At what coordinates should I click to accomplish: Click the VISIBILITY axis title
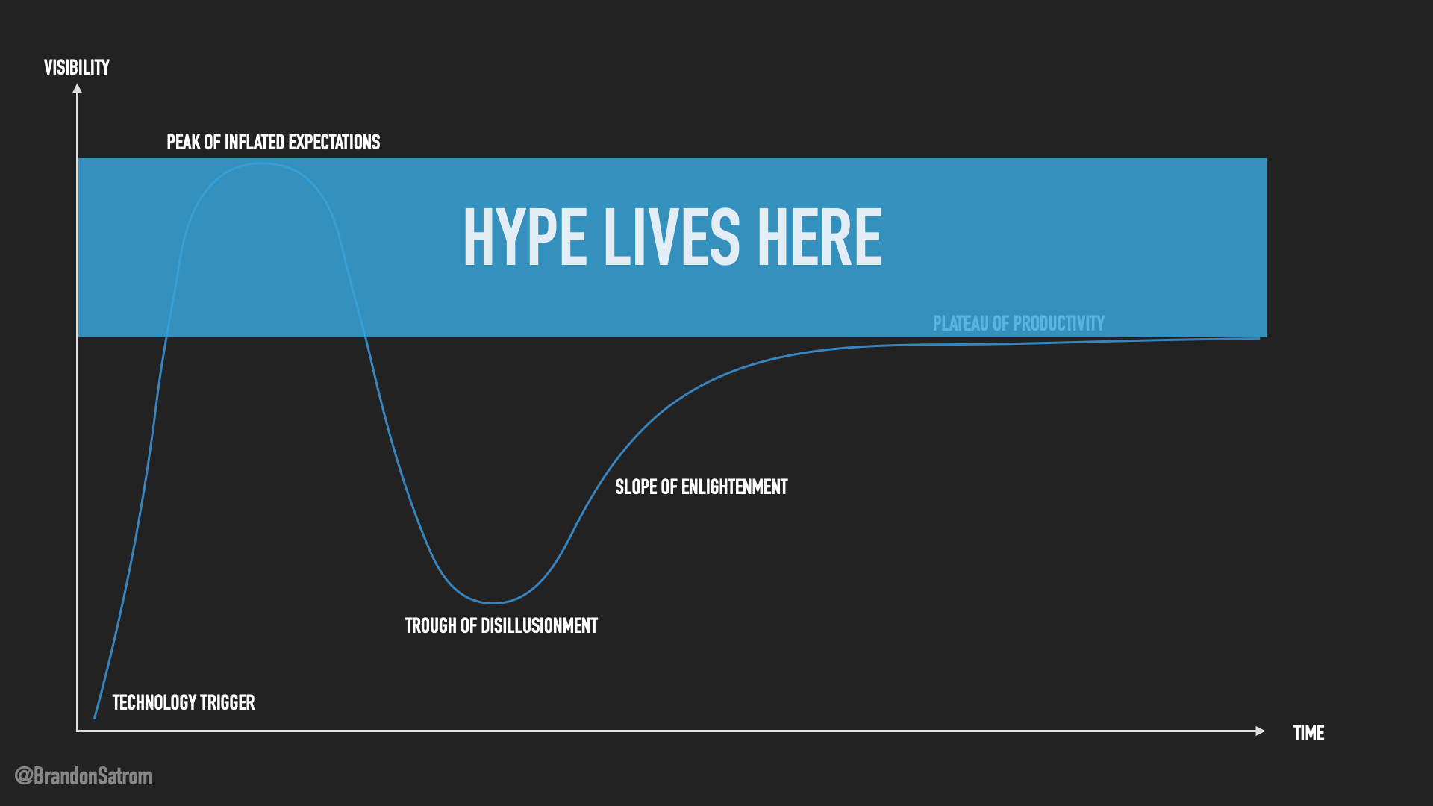(x=77, y=68)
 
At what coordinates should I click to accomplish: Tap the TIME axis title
(x=1309, y=733)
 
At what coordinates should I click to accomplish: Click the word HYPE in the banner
(x=525, y=237)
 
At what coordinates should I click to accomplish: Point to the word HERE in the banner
(x=819, y=237)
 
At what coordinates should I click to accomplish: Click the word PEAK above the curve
(x=184, y=142)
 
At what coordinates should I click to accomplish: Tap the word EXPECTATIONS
(x=334, y=142)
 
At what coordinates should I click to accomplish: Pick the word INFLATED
(x=255, y=142)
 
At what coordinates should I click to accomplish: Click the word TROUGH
(x=431, y=625)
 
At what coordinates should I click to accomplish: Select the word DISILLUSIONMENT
(x=539, y=625)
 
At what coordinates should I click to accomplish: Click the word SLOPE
(x=636, y=487)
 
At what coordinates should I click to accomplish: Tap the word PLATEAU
(x=961, y=323)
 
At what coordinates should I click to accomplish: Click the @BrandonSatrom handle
(x=84, y=776)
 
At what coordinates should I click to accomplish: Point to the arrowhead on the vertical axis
(x=77, y=88)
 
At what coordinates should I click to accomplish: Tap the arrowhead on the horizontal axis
(x=1261, y=731)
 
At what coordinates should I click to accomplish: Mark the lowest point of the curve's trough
(x=493, y=603)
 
